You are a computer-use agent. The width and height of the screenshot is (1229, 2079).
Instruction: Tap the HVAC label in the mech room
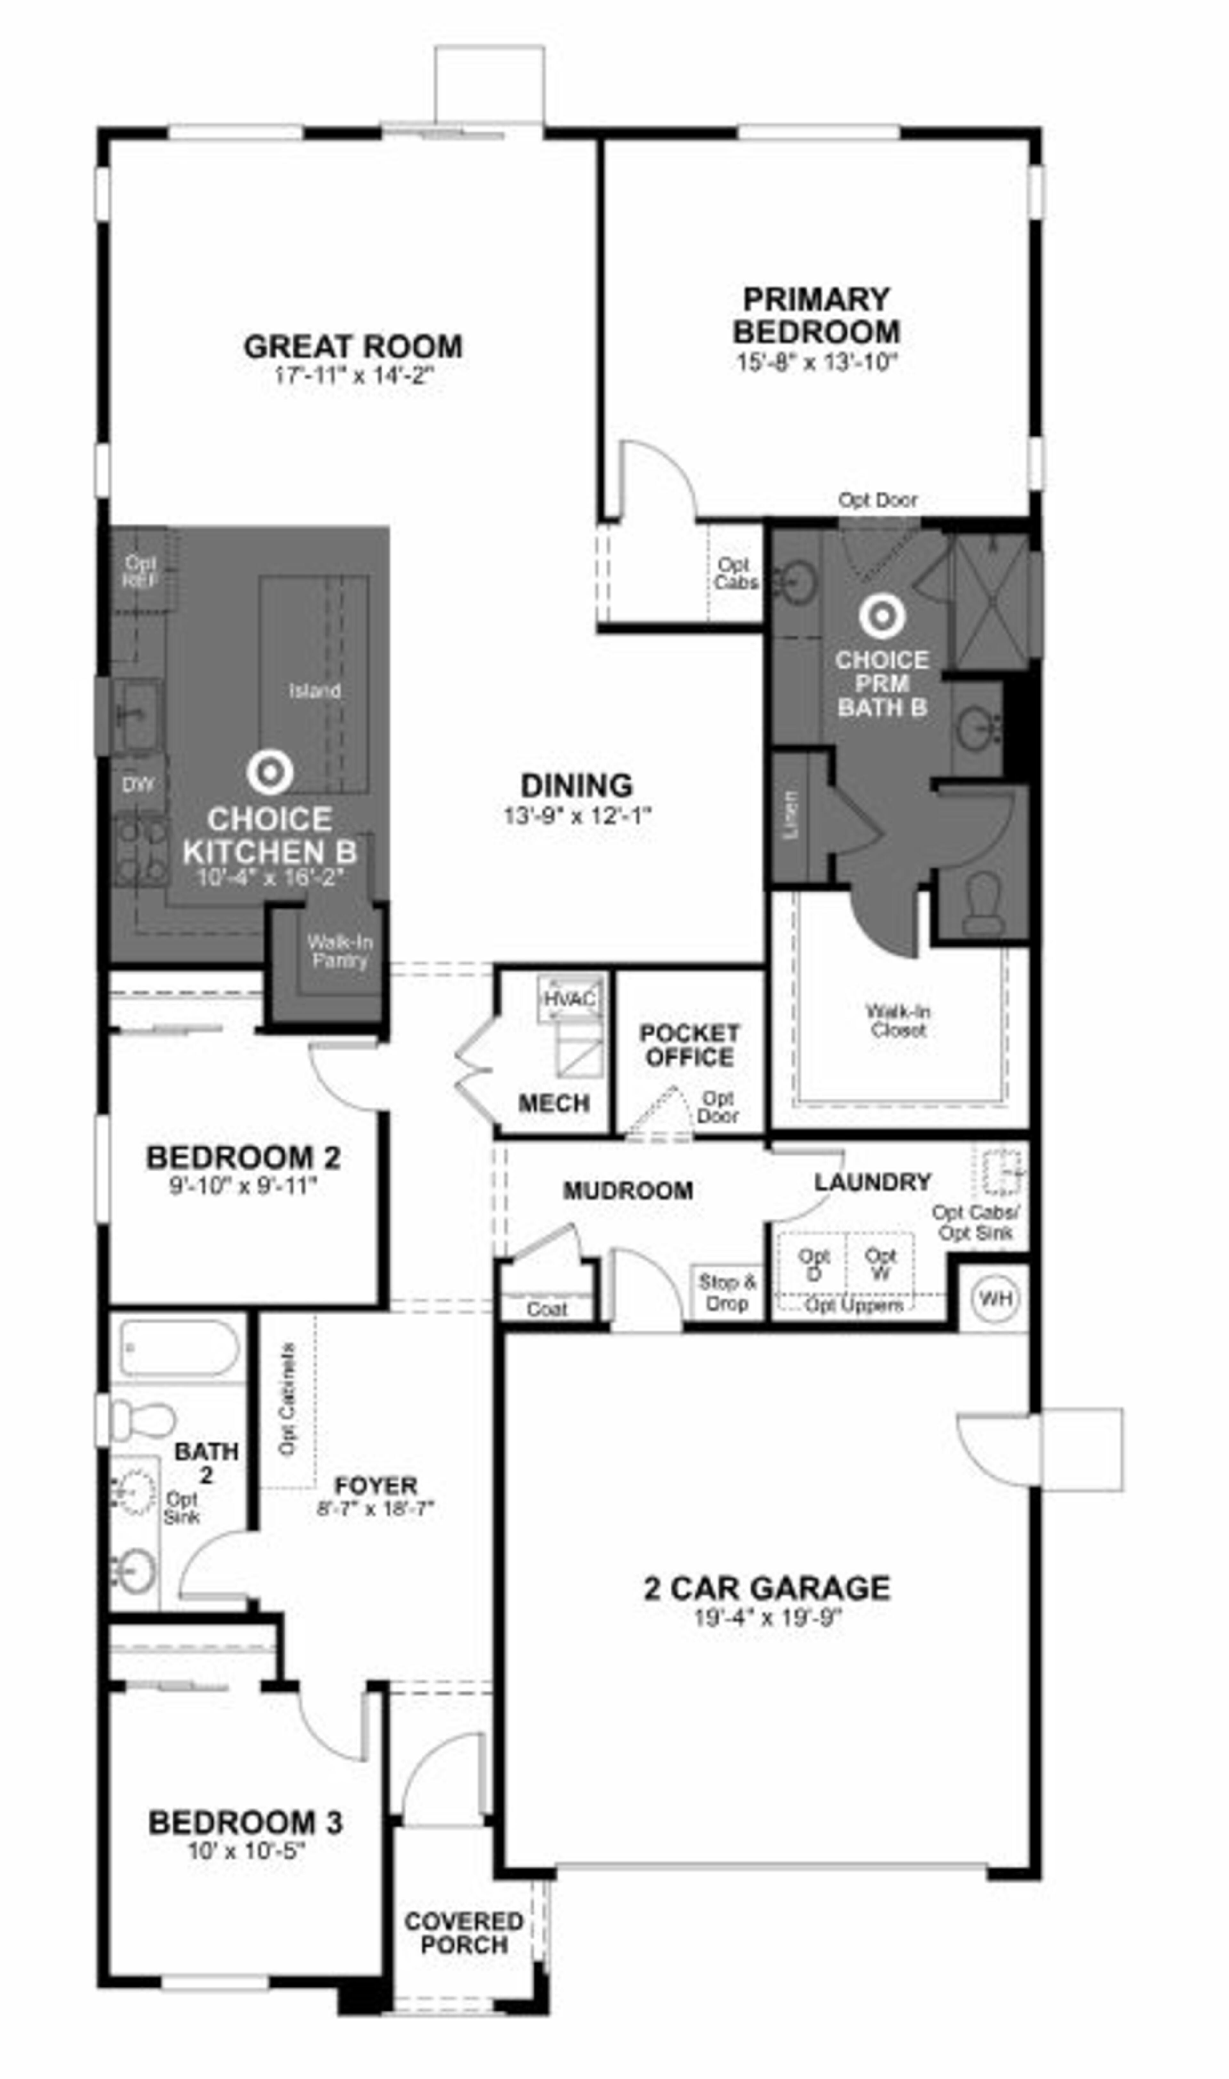click(570, 999)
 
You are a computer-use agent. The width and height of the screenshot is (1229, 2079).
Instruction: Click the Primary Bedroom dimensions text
click(816, 363)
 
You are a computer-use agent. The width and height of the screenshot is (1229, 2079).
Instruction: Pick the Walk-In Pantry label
click(340, 951)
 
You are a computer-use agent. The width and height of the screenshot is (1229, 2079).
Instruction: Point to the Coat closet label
click(547, 1309)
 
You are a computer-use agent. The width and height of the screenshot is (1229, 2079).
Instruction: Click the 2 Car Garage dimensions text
click(768, 1617)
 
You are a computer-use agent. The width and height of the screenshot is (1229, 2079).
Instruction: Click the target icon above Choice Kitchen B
click(270, 772)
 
